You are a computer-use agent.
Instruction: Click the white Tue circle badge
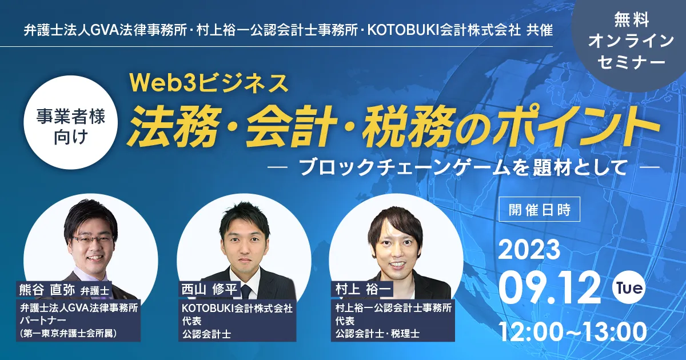coord(629,287)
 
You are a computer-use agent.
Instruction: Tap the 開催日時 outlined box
coord(539,209)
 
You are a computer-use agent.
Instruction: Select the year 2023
coord(529,250)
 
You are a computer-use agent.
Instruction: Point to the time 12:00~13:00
coord(572,332)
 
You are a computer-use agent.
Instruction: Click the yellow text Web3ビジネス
coord(209,83)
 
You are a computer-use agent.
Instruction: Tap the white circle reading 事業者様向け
coord(71,122)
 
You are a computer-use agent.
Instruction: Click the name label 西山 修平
coord(209,289)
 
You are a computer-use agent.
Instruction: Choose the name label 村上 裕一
coord(362,289)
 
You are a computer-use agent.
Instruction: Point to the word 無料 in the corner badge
coord(632,20)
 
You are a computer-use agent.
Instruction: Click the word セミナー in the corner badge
coord(631,62)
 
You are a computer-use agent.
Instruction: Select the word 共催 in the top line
coord(540,30)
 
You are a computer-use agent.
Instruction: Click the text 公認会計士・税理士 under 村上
coord(377,333)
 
